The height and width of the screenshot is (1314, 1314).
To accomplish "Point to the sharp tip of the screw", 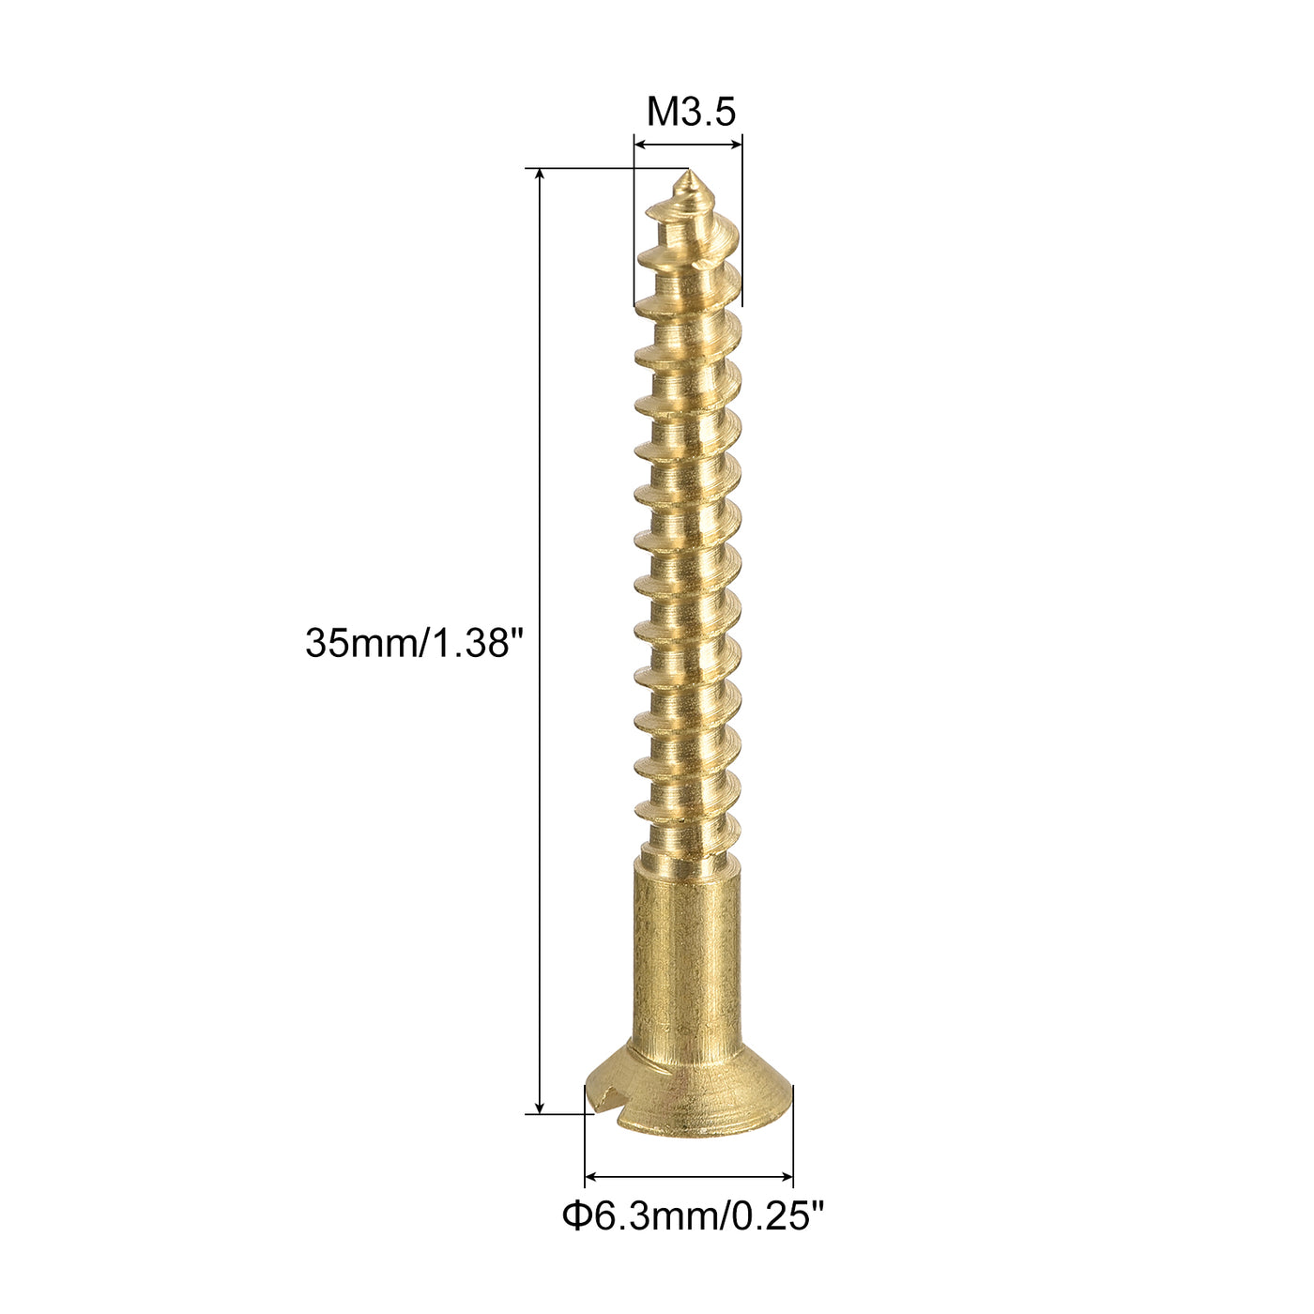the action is pyautogui.click(x=688, y=172).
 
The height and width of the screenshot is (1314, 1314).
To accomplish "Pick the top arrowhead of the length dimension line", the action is pyautogui.click(x=540, y=176).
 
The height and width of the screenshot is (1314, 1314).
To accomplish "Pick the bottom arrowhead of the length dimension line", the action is pyautogui.click(x=540, y=1107).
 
